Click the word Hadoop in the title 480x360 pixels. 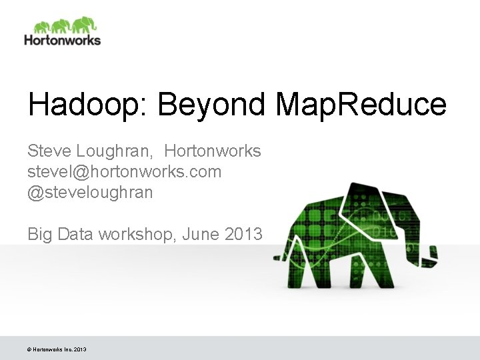pos(79,105)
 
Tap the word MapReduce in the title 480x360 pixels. pos(361,105)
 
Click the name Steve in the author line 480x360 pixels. pos(48,151)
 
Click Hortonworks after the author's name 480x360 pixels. pos(213,151)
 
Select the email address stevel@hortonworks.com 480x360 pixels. pos(124,172)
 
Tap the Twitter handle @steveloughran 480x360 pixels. pos(90,193)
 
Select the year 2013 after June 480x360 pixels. pos(244,234)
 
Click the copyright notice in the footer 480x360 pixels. pos(57,349)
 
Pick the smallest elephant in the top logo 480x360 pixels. pos(41,27)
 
